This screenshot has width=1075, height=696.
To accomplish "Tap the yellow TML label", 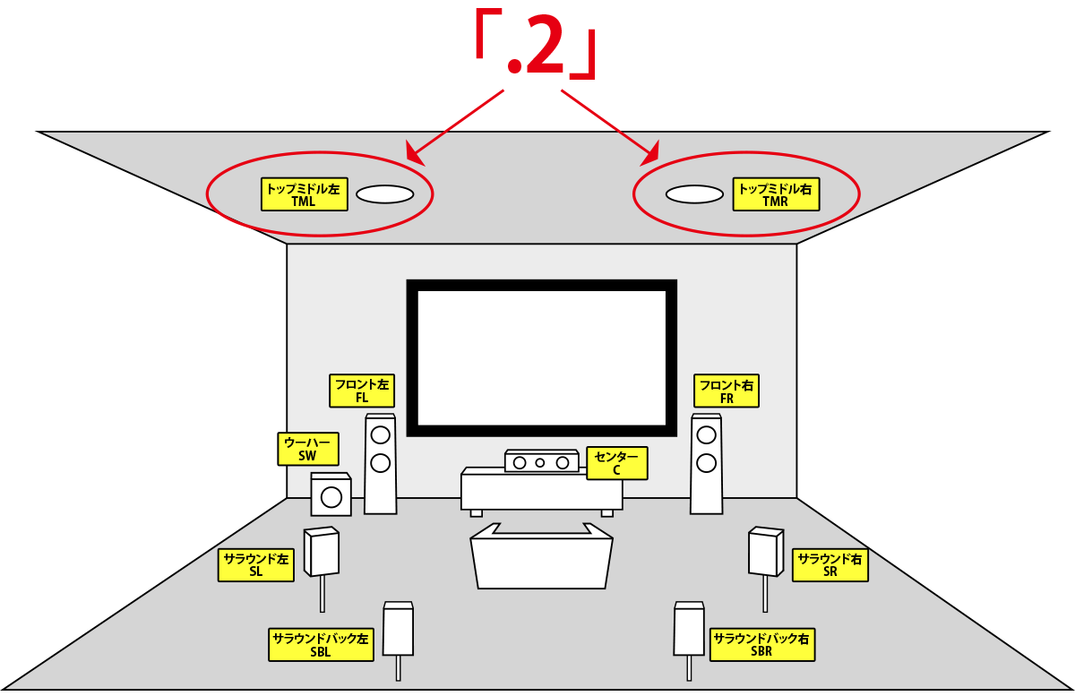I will (304, 194).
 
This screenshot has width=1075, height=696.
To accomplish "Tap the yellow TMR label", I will (775, 194).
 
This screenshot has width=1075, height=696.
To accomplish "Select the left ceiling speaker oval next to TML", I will (384, 193).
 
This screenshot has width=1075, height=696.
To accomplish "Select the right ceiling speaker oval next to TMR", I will (693, 193).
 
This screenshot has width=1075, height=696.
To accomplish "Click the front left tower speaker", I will (381, 464).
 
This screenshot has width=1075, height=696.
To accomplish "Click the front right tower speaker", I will (707, 464).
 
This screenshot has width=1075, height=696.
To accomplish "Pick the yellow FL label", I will (362, 391).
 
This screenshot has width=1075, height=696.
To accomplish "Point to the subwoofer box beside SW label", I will (331, 495).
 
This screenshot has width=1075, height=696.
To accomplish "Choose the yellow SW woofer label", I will (307, 449).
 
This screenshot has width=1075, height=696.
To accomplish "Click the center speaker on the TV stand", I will (541, 462).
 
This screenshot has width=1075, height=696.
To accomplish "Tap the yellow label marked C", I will (616, 462).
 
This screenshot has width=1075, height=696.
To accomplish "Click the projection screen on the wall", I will (541, 357).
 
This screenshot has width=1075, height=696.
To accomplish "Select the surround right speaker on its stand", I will (766, 552).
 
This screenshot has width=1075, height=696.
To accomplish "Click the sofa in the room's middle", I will (541, 560).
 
